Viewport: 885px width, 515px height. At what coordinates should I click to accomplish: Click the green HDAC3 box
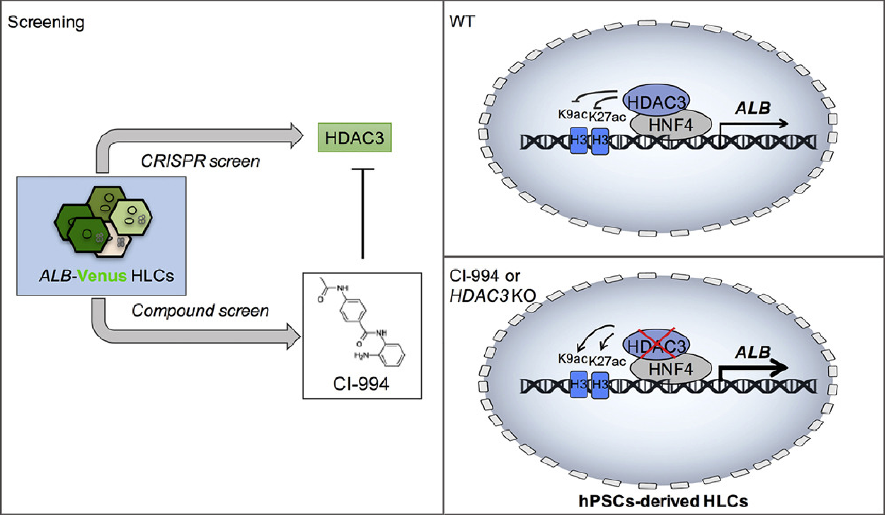(x=354, y=137)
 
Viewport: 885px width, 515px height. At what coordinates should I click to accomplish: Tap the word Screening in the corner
(x=46, y=22)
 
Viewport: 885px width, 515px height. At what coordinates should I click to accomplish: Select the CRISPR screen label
(x=200, y=161)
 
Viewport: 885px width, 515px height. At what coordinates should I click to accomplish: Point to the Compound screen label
(x=200, y=310)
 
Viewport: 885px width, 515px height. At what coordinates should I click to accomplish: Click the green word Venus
(x=102, y=276)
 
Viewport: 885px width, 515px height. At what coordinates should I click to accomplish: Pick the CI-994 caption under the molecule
(x=361, y=384)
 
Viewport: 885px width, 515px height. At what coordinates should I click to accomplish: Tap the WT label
(x=462, y=22)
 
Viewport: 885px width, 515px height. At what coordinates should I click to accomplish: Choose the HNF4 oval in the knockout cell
(x=671, y=369)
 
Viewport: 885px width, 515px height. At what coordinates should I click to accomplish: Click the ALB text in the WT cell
(x=752, y=108)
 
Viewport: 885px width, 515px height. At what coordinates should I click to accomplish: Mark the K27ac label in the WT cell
(x=607, y=117)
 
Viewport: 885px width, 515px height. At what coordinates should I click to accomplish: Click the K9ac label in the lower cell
(x=572, y=359)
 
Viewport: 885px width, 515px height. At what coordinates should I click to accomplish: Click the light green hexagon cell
(x=132, y=217)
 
